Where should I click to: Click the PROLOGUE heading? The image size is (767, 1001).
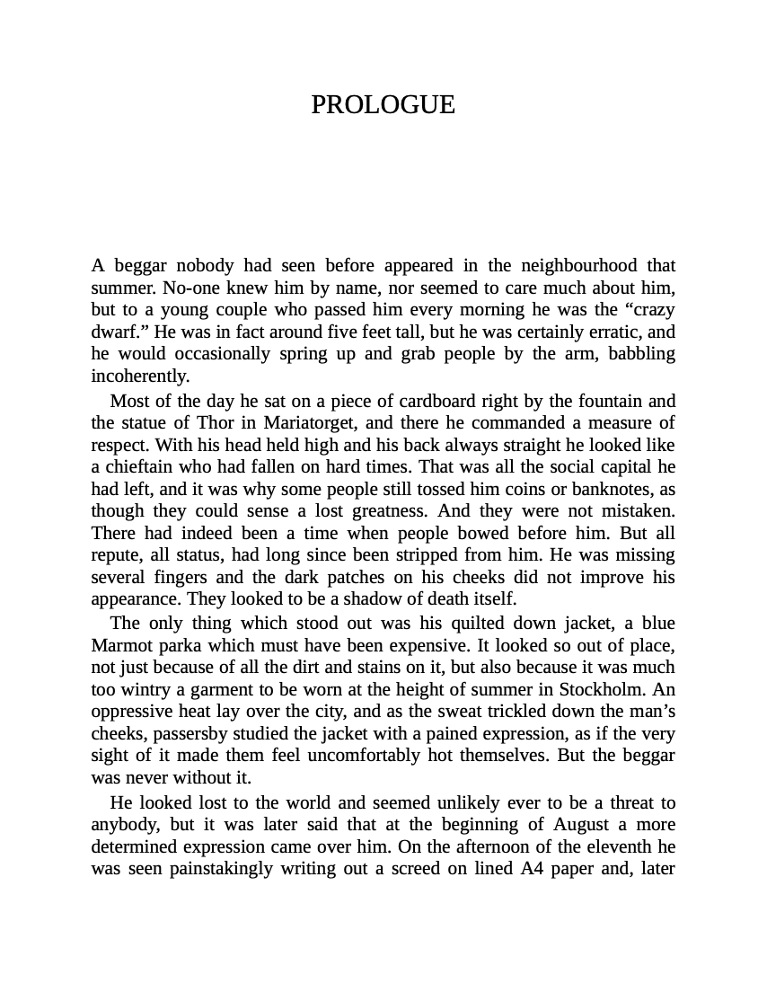[x=383, y=105]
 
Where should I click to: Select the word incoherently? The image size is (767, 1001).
[x=140, y=376]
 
